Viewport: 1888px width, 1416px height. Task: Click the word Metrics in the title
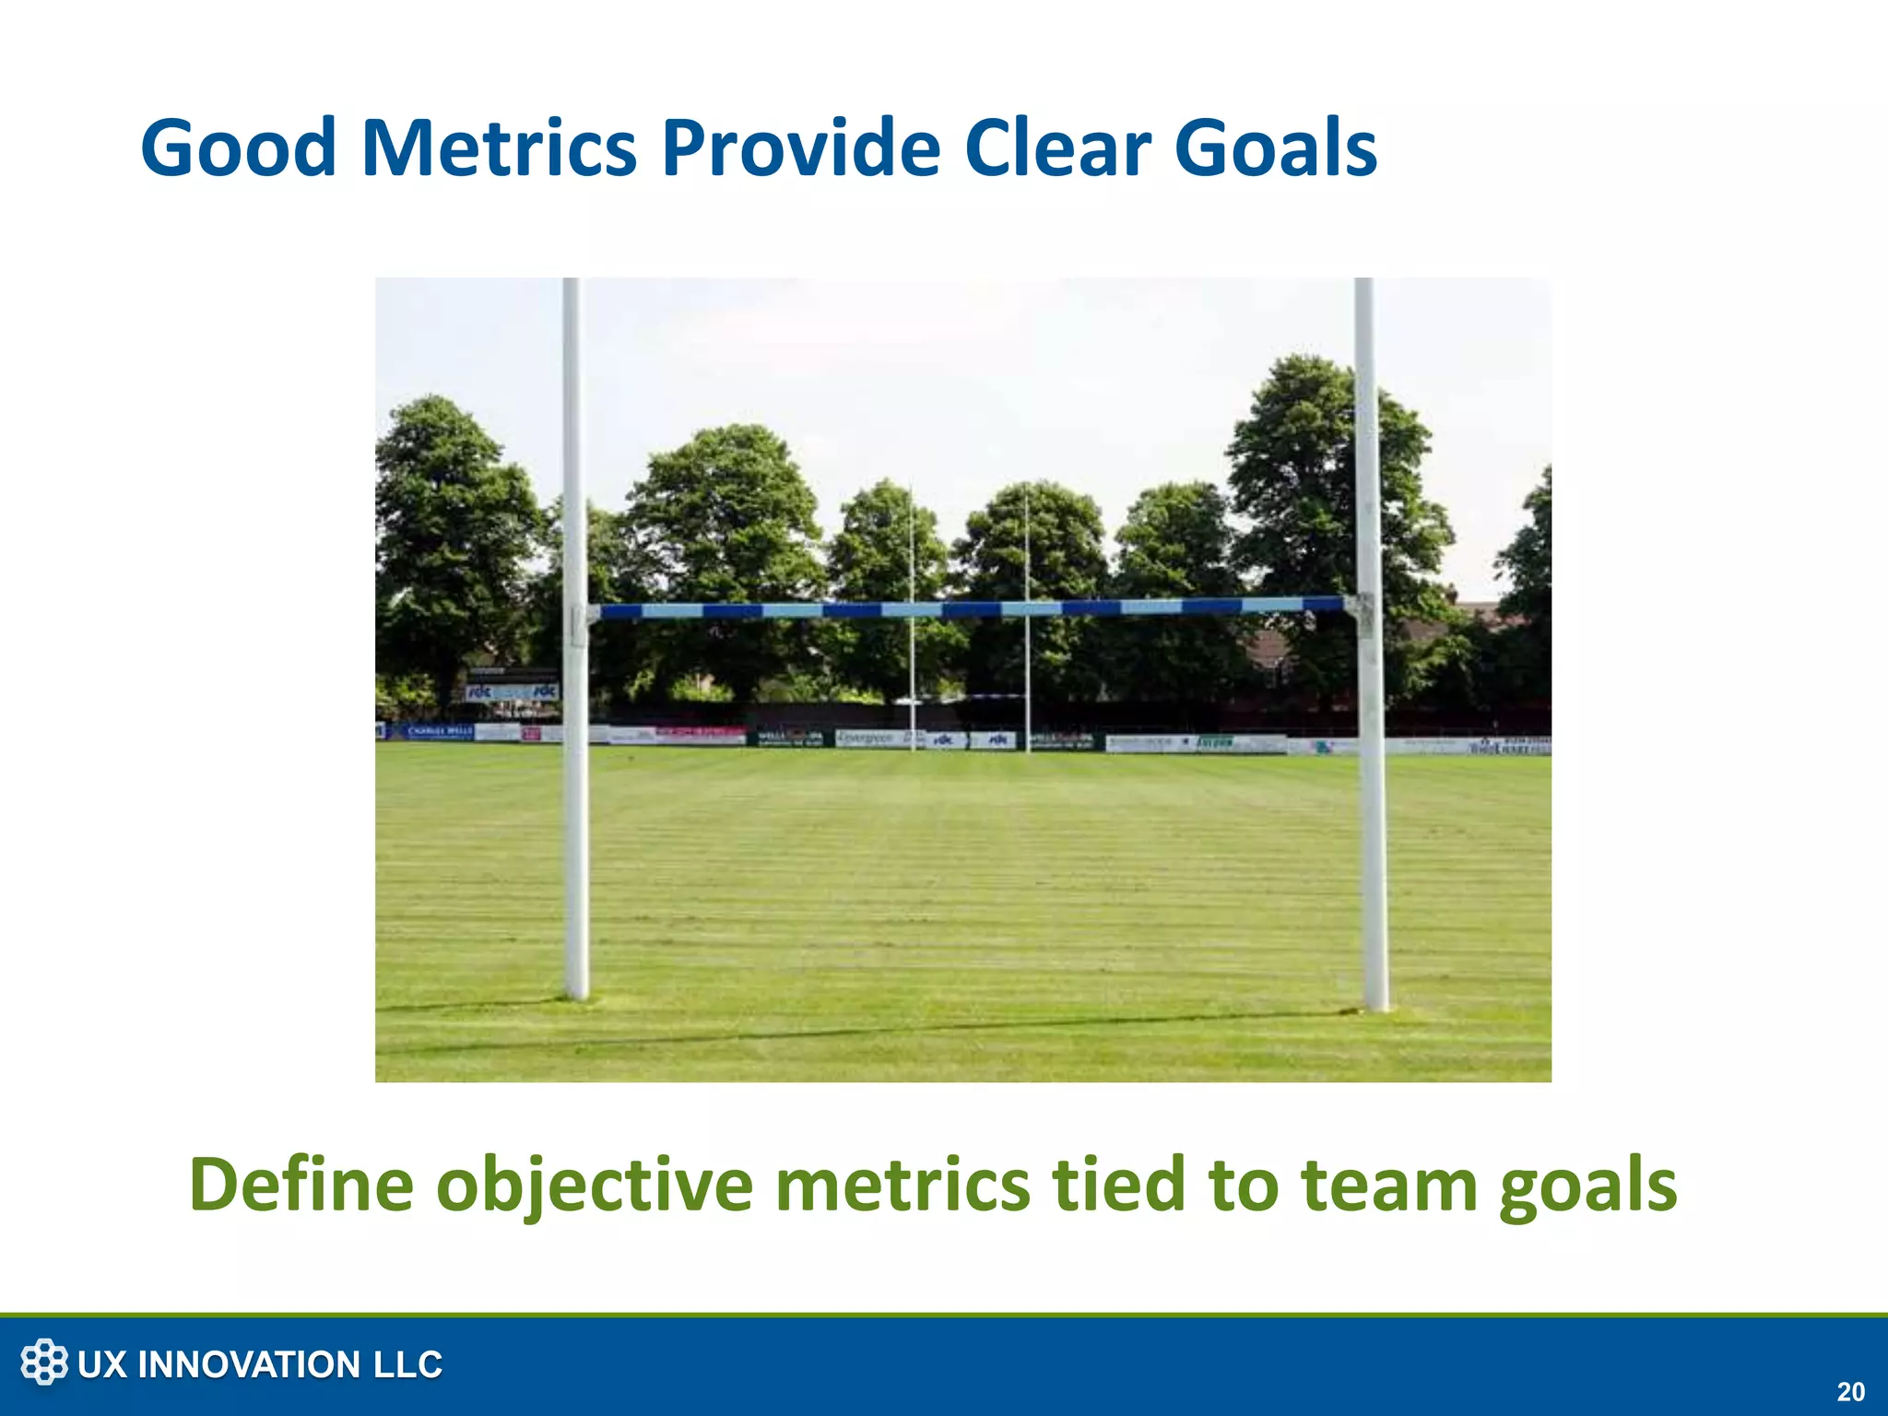(499, 148)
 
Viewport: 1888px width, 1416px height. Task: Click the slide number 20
(1850, 1391)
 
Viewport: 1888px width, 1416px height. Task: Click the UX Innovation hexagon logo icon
(44, 1363)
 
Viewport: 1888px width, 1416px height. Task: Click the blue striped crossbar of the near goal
(968, 608)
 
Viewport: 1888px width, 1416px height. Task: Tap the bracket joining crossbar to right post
(1361, 613)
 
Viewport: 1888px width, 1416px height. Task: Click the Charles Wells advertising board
(439, 731)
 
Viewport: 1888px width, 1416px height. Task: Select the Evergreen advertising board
(867, 737)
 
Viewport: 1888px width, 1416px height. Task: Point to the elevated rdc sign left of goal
(512, 691)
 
